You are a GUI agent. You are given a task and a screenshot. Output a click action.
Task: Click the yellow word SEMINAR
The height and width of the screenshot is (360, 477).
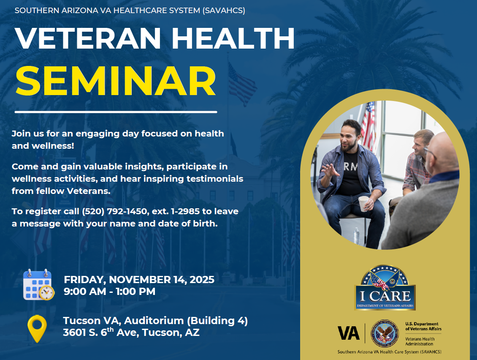coord(116,82)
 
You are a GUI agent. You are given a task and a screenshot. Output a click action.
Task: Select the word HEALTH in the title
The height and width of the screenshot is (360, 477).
coord(233,39)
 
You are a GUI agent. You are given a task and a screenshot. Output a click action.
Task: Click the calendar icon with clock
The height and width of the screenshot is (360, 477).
coord(38,285)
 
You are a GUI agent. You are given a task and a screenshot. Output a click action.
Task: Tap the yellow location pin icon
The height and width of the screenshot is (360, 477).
coord(37,328)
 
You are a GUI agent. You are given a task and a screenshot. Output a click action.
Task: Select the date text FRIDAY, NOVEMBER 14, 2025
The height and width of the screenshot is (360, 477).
coord(139,279)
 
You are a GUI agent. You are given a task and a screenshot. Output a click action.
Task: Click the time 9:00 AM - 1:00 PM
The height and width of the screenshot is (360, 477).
coord(109,291)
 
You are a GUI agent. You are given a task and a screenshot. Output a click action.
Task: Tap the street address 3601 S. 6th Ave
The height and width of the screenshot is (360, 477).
coord(101,333)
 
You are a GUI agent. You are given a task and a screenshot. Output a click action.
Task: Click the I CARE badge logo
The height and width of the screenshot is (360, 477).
coord(385,288)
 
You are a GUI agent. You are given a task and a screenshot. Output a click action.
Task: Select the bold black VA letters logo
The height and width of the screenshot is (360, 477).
coord(349,333)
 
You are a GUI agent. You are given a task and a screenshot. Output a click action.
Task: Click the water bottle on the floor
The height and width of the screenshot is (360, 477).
coord(356,236)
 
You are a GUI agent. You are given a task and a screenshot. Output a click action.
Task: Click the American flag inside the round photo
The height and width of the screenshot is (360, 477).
coord(368,125)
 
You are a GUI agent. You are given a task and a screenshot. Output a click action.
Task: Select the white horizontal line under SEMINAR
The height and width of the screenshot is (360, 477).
coord(116,112)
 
